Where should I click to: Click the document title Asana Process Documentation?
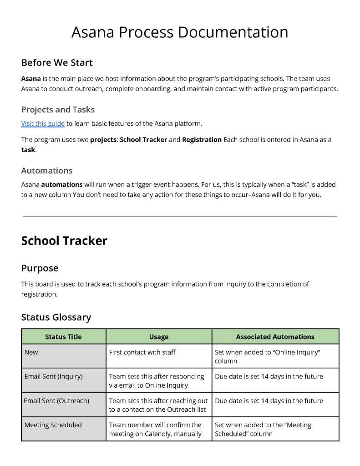[x=180, y=32]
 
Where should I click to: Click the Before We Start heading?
[x=57, y=62]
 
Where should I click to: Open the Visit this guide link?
[x=43, y=123]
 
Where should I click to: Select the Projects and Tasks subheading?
[x=58, y=109]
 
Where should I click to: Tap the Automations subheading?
[x=47, y=170]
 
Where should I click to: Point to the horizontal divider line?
[x=180, y=216]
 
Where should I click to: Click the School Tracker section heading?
[x=64, y=241]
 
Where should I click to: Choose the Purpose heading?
[x=40, y=268]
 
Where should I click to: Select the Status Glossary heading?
[x=56, y=317]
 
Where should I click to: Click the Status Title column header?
[x=63, y=337]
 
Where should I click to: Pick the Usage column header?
[x=158, y=337]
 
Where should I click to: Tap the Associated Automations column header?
[x=275, y=337]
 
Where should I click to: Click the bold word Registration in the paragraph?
[x=202, y=139]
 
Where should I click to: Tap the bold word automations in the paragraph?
[x=62, y=184]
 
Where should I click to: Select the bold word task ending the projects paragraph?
[x=28, y=149]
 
